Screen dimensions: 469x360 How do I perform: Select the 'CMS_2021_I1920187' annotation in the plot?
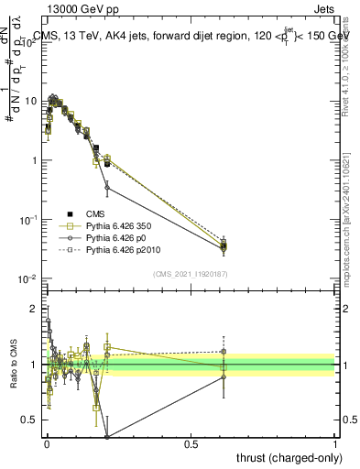[x=191, y=272]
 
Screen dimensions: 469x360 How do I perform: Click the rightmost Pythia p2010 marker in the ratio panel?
[x=224, y=351]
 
